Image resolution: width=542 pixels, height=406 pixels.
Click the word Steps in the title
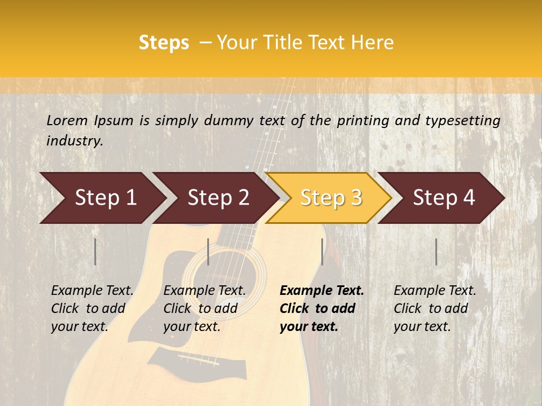click(164, 43)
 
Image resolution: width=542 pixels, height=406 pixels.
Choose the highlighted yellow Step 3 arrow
click(330, 198)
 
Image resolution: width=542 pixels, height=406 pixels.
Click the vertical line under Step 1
click(95, 251)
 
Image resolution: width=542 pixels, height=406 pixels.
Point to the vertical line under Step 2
click(208, 251)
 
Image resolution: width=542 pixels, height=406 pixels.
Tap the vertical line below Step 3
click(322, 251)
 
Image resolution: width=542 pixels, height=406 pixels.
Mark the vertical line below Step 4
click(436, 251)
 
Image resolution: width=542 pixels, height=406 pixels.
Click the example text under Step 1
click(92, 308)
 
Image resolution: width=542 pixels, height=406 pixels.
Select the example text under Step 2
click(204, 308)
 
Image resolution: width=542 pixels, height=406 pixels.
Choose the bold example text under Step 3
click(321, 308)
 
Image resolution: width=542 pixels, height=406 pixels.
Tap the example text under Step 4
click(435, 308)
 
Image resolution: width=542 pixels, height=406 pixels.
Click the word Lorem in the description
click(67, 120)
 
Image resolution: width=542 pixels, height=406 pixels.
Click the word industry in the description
click(75, 141)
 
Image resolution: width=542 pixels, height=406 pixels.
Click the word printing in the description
click(361, 121)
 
